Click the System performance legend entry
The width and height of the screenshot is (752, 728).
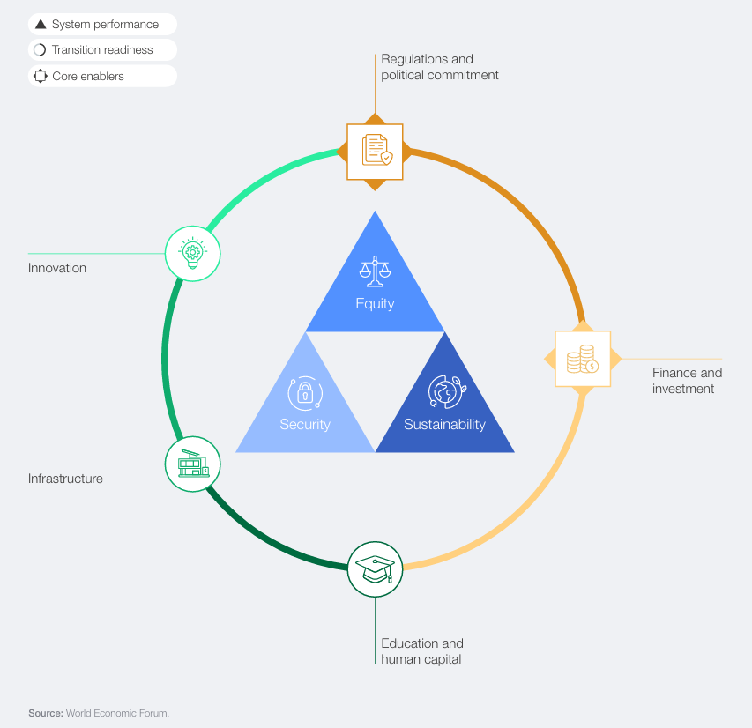click(102, 24)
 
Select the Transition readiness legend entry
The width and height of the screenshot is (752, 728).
click(102, 50)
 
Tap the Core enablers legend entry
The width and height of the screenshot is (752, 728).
click(102, 76)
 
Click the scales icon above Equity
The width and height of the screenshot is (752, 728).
click(375, 271)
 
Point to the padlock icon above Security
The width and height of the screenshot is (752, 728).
click(305, 393)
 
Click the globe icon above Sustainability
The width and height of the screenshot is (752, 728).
click(447, 391)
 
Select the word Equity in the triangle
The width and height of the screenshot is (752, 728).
click(375, 304)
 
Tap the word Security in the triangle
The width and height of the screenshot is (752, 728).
click(305, 425)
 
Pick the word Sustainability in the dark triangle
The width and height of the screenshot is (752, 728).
click(444, 425)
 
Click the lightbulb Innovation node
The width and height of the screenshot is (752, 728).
click(193, 253)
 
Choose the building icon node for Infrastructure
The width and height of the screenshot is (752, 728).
click(193, 464)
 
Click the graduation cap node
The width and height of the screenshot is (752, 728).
click(375, 569)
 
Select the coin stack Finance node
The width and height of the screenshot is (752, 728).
click(583, 359)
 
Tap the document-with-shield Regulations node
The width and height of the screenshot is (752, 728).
click(375, 152)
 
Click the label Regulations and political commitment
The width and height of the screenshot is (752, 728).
click(440, 67)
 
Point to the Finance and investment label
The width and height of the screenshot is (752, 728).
click(687, 381)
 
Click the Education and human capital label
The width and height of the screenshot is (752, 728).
click(422, 651)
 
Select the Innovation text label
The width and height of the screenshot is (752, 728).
click(57, 268)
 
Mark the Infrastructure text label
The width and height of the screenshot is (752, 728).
click(65, 479)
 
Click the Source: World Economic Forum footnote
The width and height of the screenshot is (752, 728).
click(99, 713)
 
